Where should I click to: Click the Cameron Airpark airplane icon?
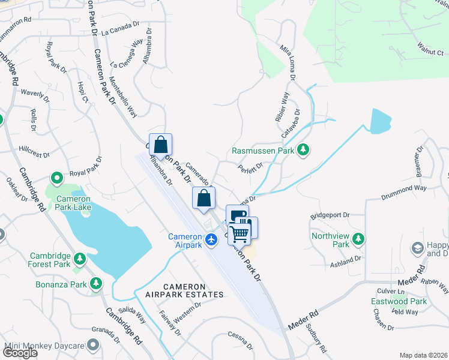(211, 240)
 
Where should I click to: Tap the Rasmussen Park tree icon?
(303, 150)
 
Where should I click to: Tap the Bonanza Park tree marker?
(95, 283)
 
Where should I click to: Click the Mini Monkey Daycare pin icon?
(92, 346)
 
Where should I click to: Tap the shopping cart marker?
(239, 233)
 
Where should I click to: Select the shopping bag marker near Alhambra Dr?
(160, 145)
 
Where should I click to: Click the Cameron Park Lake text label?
(73, 203)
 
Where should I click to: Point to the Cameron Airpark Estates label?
(184, 290)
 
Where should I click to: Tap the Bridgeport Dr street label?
(330, 215)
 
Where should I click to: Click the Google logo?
(20, 353)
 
